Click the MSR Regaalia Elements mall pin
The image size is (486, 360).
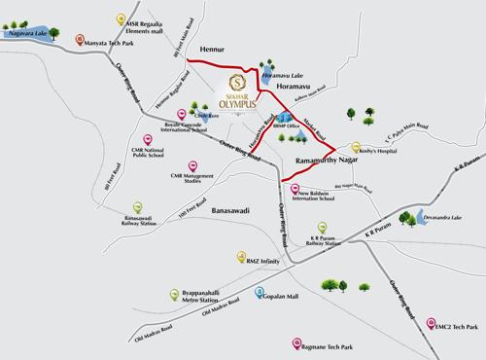(120, 20)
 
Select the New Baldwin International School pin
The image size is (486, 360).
(292, 190)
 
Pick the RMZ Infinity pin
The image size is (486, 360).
(240, 258)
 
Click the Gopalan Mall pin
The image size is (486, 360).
(260, 292)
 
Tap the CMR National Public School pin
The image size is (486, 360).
(146, 142)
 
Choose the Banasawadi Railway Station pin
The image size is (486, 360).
(136, 207)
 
